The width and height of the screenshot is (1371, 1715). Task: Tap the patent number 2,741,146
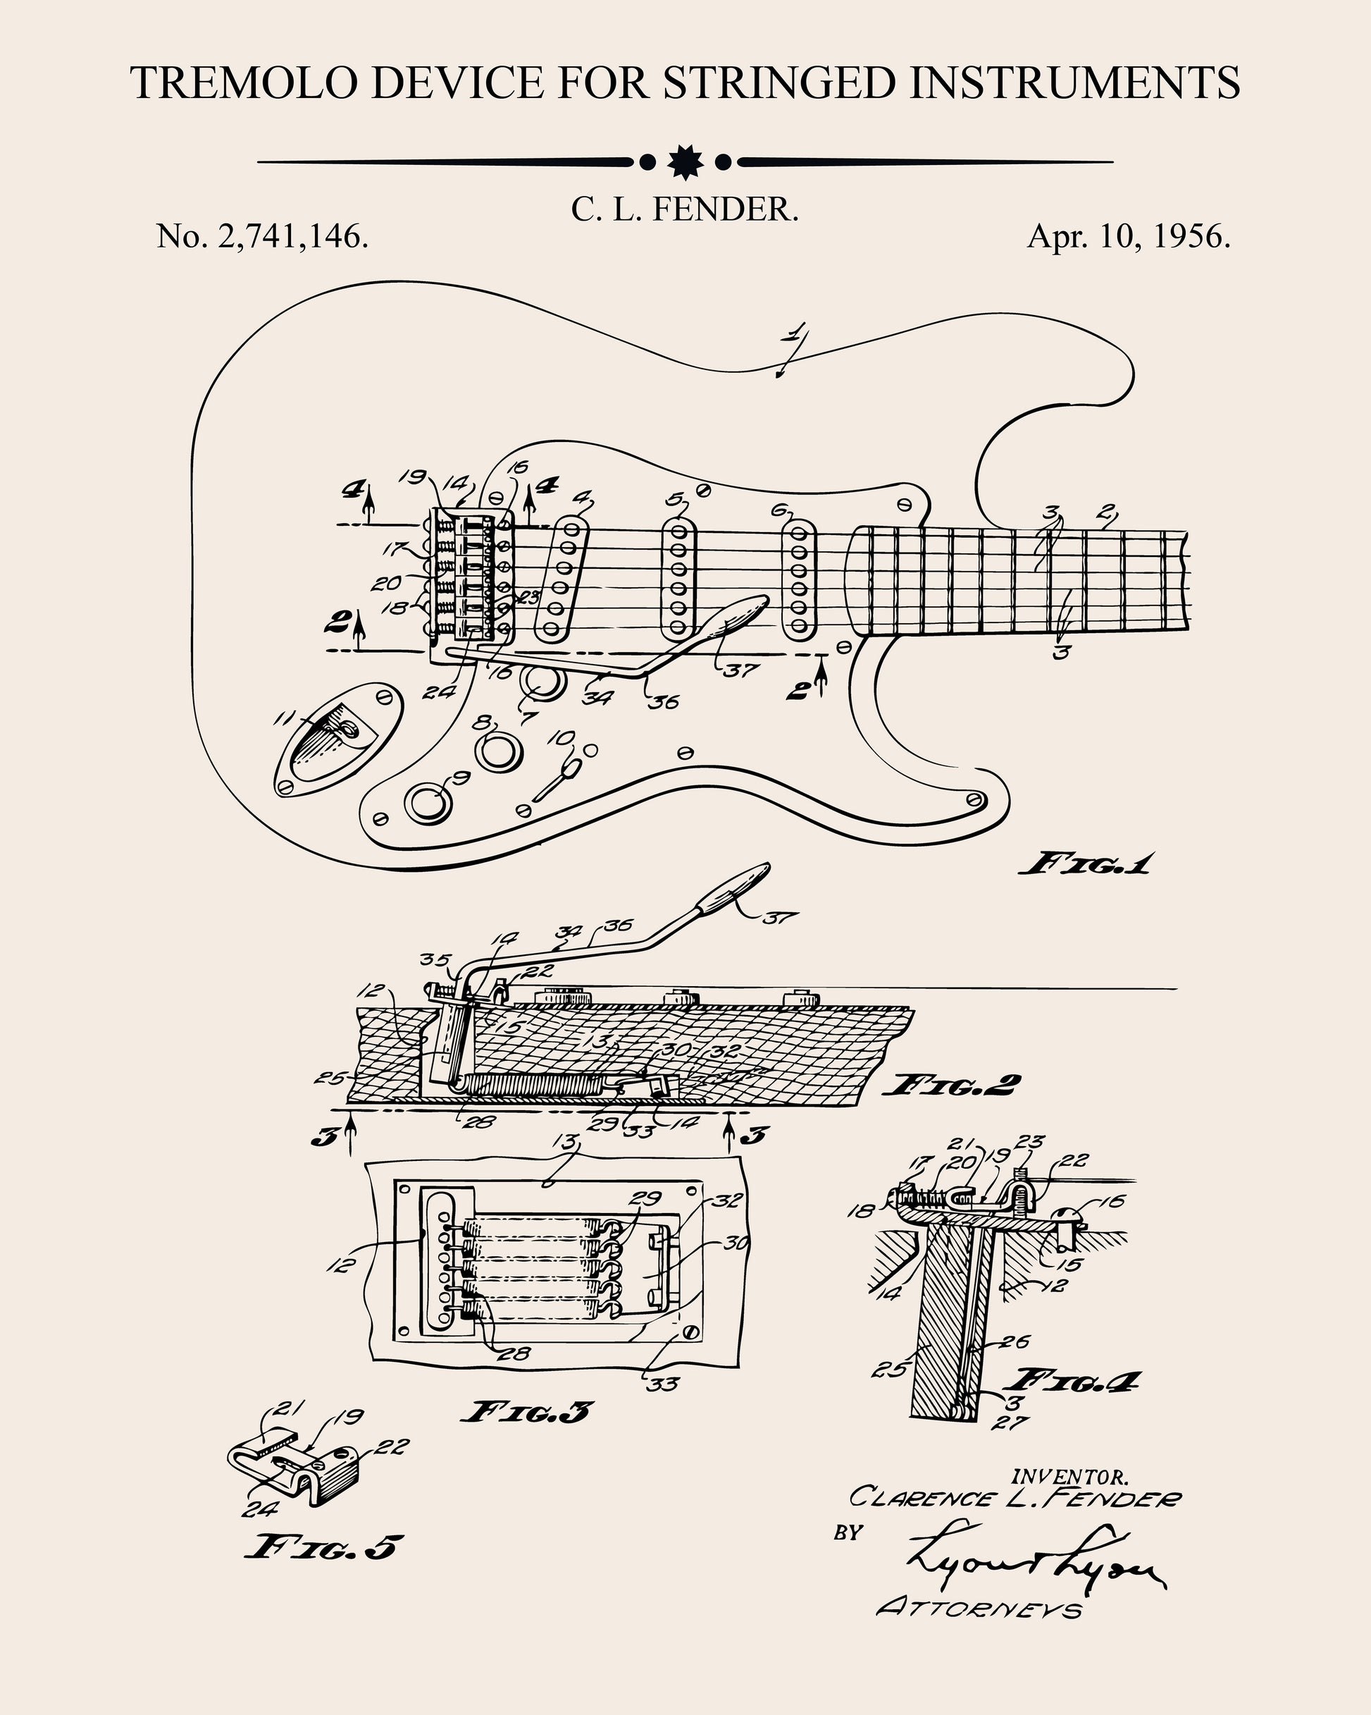[292, 236]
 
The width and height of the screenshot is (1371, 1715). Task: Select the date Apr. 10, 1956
[1129, 236]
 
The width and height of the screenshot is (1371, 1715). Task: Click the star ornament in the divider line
[685, 162]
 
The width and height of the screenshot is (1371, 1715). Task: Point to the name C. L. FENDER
[684, 210]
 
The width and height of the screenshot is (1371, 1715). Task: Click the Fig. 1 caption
[1085, 865]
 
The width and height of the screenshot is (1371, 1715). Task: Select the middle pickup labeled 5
[678, 579]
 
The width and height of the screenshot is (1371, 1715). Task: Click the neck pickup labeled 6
[799, 579]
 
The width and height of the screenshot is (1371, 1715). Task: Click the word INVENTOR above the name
[1069, 1477]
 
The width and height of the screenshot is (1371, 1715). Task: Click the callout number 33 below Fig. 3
[662, 1385]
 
